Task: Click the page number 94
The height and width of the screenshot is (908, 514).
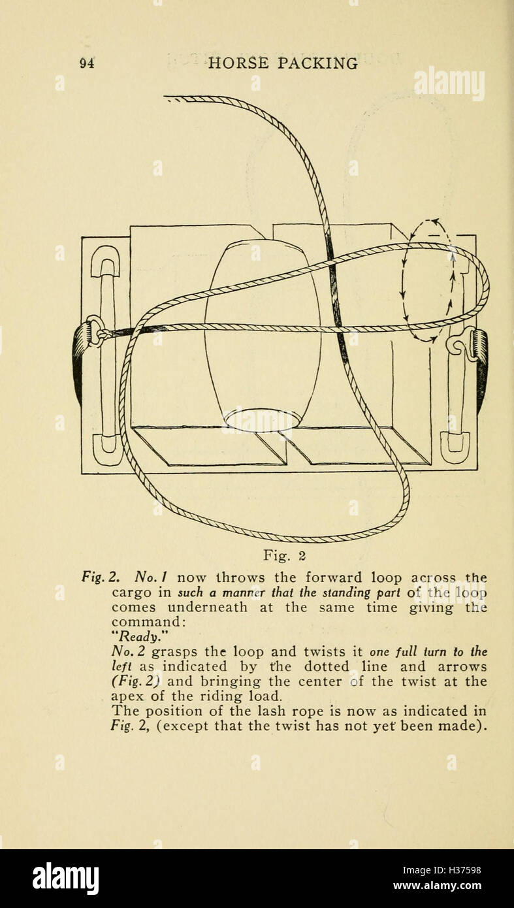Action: pyautogui.click(x=87, y=63)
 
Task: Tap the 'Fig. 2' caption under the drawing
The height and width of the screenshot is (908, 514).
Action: pyautogui.click(x=284, y=556)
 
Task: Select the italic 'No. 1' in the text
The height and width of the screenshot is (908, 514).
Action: pyautogui.click(x=153, y=578)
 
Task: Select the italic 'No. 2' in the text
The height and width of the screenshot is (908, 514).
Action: pyautogui.click(x=129, y=652)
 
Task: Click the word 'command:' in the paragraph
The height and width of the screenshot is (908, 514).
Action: pyautogui.click(x=148, y=623)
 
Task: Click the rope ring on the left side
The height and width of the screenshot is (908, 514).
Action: pyautogui.click(x=95, y=331)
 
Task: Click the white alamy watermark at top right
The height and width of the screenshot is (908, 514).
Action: pyautogui.click(x=449, y=83)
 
